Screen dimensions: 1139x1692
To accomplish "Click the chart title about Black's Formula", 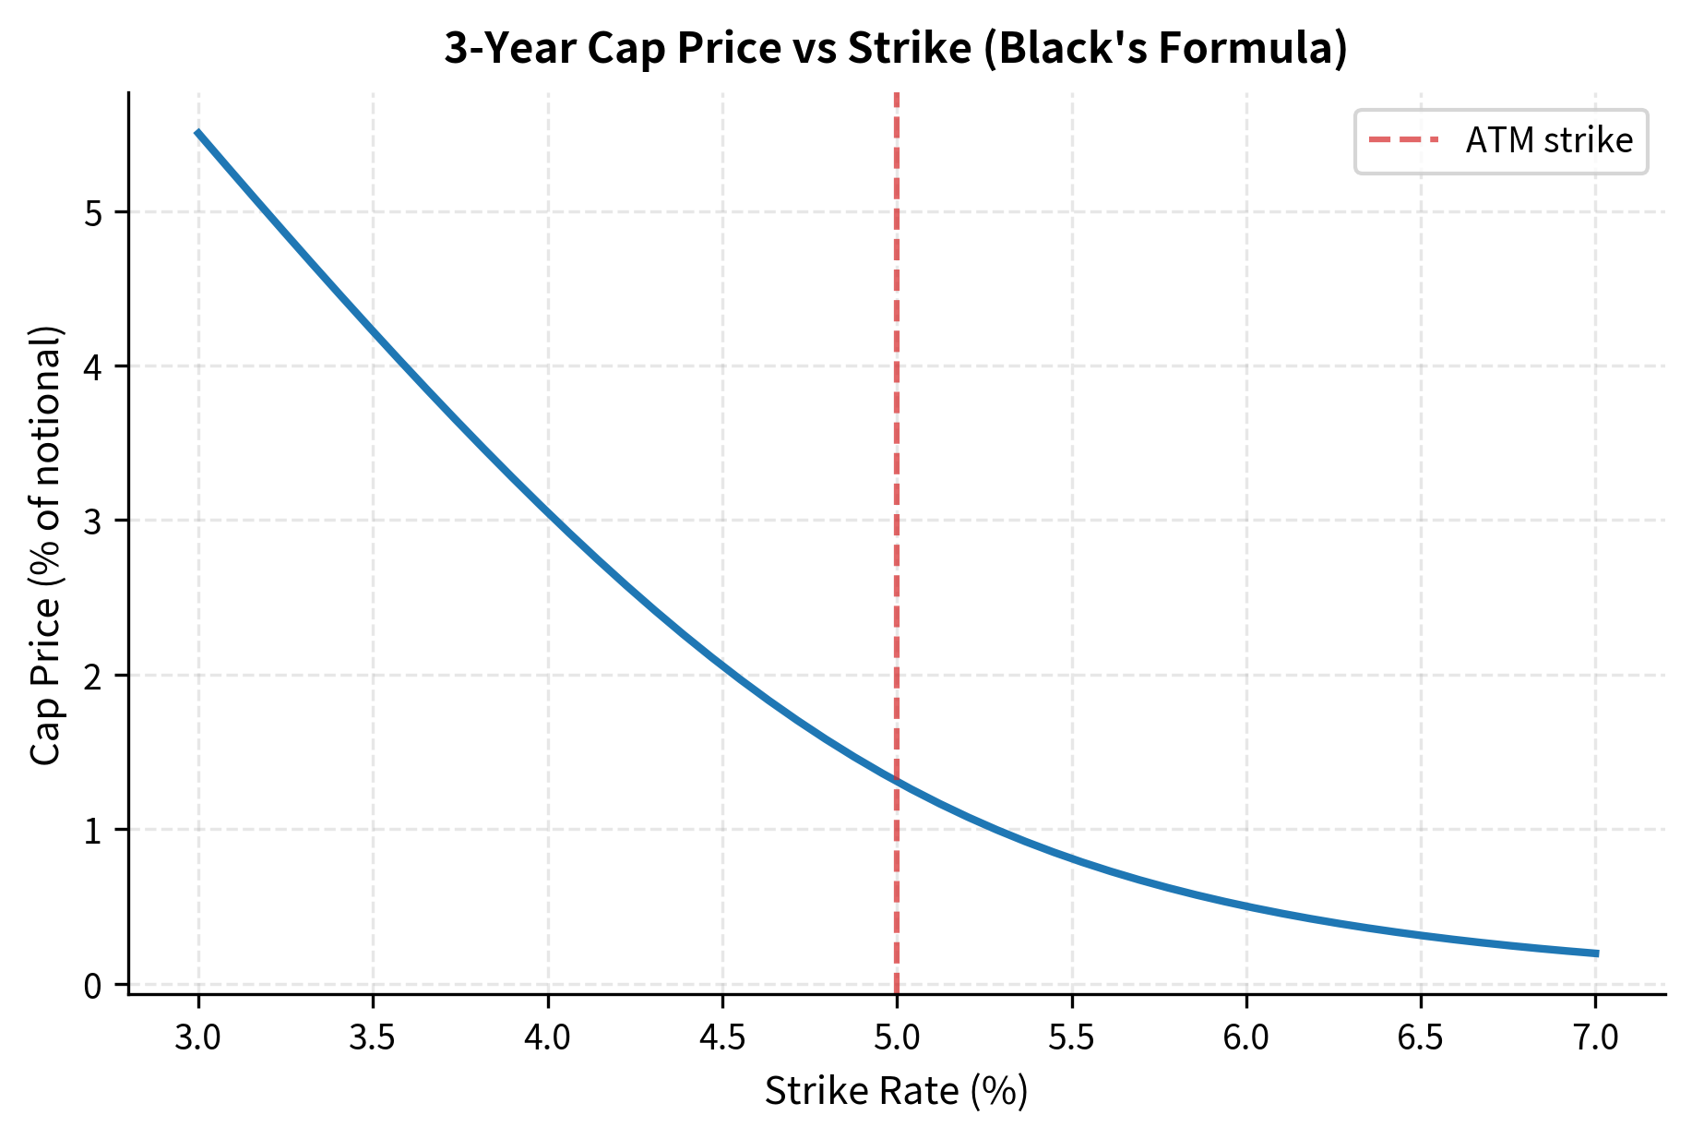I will pyautogui.click(x=895, y=48).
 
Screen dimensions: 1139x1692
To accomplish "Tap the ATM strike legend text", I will pyautogui.click(x=1549, y=140).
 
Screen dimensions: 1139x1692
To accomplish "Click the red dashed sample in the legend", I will pyautogui.click(x=1403, y=140).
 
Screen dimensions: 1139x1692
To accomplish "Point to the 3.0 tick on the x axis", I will pyautogui.click(x=198, y=1038).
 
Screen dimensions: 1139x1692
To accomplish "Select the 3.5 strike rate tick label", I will pyautogui.click(x=373, y=1038).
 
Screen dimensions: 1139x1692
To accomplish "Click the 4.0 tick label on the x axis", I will pyautogui.click(x=548, y=1038).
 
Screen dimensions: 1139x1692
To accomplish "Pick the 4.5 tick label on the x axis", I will pyautogui.click(x=722, y=1038).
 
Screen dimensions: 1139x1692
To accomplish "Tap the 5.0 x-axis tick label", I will pyautogui.click(x=897, y=1038).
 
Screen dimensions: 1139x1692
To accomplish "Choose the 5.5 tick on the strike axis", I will pyautogui.click(x=1072, y=1038).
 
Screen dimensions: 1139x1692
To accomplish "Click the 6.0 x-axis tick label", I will pyautogui.click(x=1246, y=1038).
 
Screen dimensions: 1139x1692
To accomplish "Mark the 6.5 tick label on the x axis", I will pyautogui.click(x=1421, y=1038).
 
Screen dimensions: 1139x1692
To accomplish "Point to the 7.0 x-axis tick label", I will pyautogui.click(x=1596, y=1038).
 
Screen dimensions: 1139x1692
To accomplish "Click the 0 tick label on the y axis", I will pyautogui.click(x=92, y=985).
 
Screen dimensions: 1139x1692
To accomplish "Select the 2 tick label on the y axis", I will pyautogui.click(x=92, y=676).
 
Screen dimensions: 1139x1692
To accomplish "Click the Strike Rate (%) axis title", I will pyautogui.click(x=896, y=1092).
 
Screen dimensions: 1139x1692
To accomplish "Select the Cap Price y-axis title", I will pyautogui.click(x=46, y=545).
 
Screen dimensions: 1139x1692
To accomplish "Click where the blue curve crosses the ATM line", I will pyautogui.click(x=897, y=781).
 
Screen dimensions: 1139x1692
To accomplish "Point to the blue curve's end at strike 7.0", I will pyautogui.click(x=1596, y=953).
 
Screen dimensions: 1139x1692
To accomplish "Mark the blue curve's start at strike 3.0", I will pyautogui.click(x=198, y=133).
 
